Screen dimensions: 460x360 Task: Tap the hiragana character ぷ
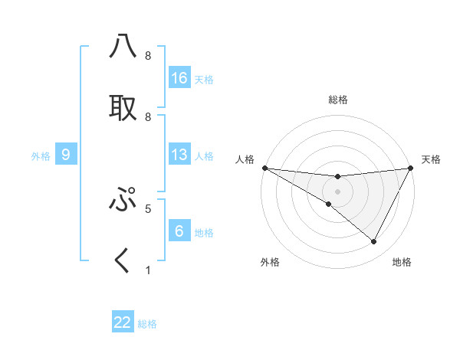coord(123,200)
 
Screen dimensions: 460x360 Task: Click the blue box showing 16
coord(179,78)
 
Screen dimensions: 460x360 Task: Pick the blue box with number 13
coord(179,155)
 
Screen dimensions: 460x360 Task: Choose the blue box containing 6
coord(179,231)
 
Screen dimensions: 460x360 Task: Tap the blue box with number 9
coord(67,155)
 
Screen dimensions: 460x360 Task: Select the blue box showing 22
coord(123,322)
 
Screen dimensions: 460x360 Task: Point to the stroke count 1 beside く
coord(148,270)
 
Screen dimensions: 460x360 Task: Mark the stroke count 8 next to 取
coord(148,116)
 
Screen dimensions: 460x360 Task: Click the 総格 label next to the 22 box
coord(147,324)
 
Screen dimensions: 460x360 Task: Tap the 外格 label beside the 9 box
coord(41,156)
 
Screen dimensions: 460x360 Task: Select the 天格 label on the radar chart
coord(431,159)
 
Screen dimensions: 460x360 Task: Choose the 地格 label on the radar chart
coord(402,262)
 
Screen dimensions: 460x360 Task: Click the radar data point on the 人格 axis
coord(264,168)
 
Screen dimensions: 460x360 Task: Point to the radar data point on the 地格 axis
coord(374,242)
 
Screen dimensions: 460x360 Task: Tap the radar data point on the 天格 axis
coord(411,168)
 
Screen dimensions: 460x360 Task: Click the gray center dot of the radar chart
coord(337,191)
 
